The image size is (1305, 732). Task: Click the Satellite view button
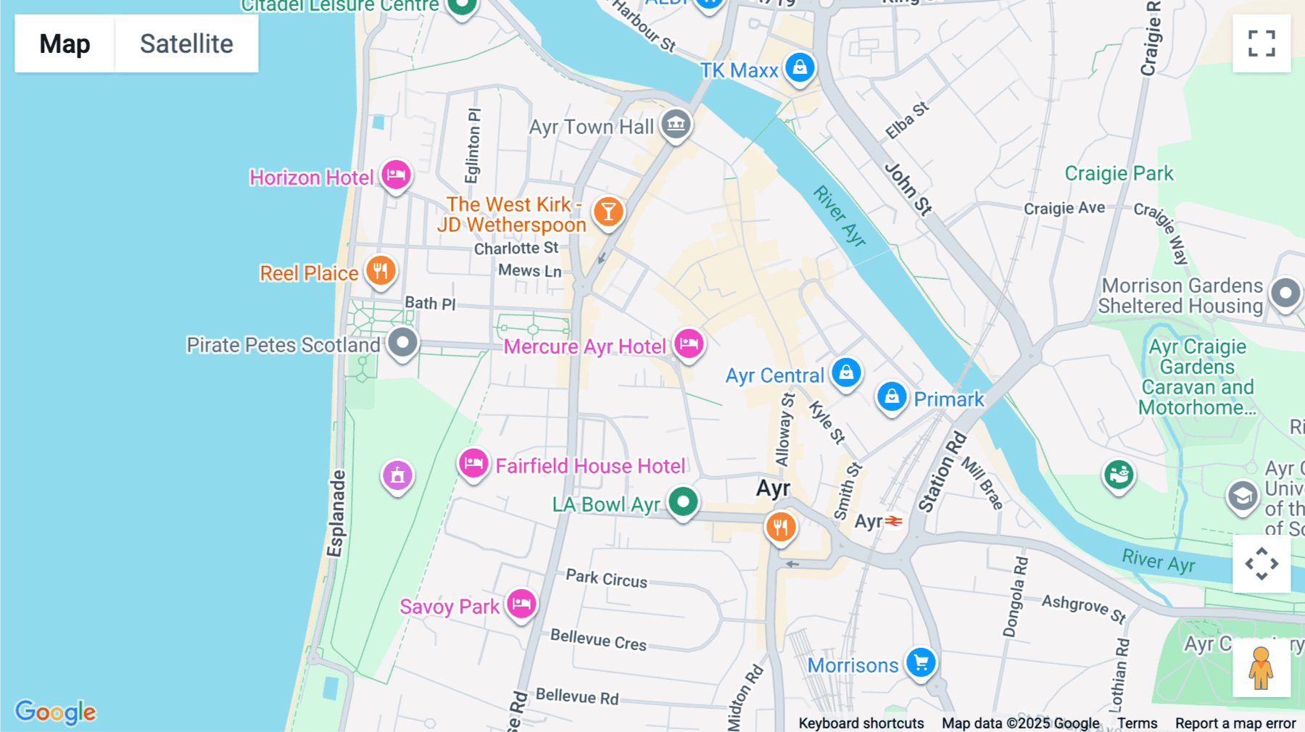tap(186, 43)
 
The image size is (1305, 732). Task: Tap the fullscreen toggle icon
tap(1261, 43)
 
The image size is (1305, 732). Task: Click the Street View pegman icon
tap(1261, 667)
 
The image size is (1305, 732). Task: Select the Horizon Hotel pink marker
tap(396, 175)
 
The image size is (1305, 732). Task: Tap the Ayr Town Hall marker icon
tap(676, 124)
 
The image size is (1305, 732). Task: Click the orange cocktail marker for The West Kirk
tap(608, 212)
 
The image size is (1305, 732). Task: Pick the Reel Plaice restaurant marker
tap(381, 271)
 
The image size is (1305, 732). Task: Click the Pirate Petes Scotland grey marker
tap(402, 342)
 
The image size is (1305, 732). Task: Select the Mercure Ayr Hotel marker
tap(689, 344)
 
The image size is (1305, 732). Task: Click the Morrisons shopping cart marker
tap(921, 662)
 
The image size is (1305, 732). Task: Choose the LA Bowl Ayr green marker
tap(682, 502)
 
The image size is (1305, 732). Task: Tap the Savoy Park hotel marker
tap(521, 603)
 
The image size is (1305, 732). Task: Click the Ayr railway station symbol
tap(894, 521)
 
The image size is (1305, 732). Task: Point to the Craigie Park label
tap(1118, 174)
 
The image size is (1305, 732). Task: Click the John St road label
tap(908, 189)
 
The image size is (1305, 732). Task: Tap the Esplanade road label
tap(335, 513)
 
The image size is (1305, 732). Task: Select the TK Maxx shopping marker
tap(800, 67)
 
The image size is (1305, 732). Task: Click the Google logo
tap(55, 712)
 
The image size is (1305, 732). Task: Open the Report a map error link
tap(1235, 723)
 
